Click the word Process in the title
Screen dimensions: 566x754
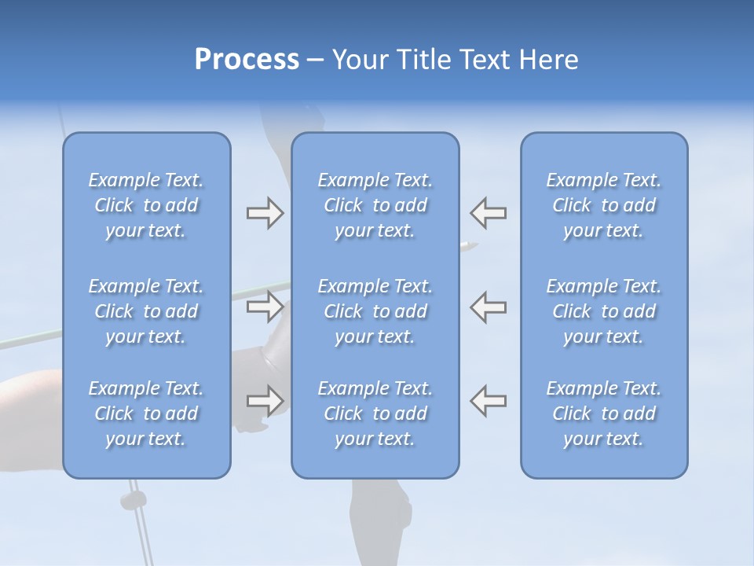pyautogui.click(x=247, y=60)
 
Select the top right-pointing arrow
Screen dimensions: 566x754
pyautogui.click(x=265, y=213)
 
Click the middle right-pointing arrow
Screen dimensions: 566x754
pyautogui.click(x=265, y=306)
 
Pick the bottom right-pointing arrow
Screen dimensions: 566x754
pyautogui.click(x=265, y=400)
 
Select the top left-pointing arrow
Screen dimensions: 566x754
pyautogui.click(x=489, y=213)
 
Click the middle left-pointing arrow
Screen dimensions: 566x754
pyautogui.click(x=489, y=306)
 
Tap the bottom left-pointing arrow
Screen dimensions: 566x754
pyautogui.click(x=489, y=400)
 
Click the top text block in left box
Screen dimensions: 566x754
pyautogui.click(x=146, y=205)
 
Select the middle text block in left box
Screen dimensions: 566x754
pyautogui.click(x=146, y=311)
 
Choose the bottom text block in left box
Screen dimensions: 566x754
pyautogui.click(x=146, y=413)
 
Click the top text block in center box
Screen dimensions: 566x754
pyautogui.click(x=375, y=205)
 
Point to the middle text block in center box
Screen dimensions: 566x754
pyautogui.click(x=375, y=311)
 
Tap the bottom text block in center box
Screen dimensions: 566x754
pyautogui.click(x=375, y=413)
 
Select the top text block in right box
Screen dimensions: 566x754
pyautogui.click(x=604, y=205)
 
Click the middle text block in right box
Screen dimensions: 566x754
pyautogui.click(x=604, y=311)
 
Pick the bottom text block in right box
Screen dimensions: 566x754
pyautogui.click(x=604, y=413)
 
